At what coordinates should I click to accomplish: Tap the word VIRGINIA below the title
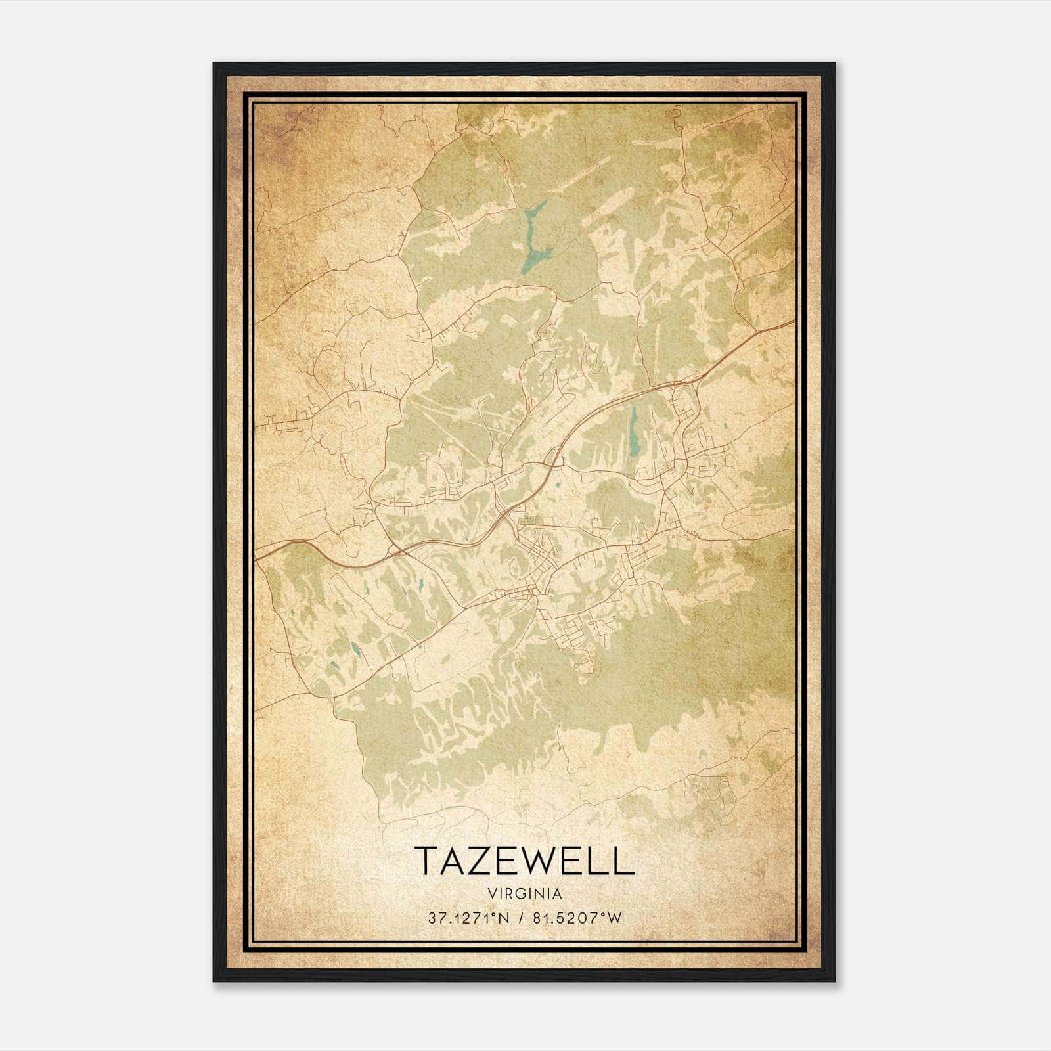coord(525,893)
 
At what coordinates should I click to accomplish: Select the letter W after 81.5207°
coord(614,918)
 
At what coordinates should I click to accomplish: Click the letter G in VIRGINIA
coord(524,893)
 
